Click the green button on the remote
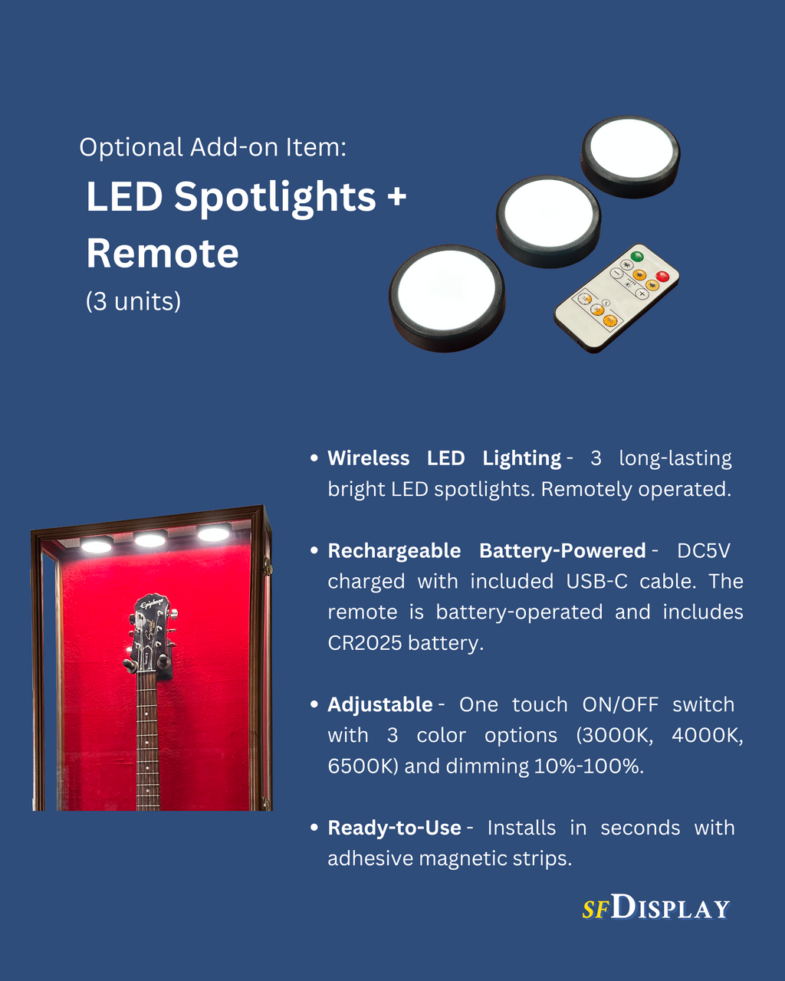tap(637, 256)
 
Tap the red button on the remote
tap(662, 276)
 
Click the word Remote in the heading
tap(163, 253)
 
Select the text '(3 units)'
tap(133, 301)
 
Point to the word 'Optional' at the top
tap(131, 147)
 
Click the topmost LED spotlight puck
tap(630, 156)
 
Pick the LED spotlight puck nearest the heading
tap(447, 298)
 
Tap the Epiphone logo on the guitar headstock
tap(150, 604)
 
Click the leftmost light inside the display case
tap(97, 545)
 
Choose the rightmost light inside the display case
tap(213, 533)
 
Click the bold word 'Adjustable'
tap(380, 704)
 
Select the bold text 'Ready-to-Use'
tap(394, 828)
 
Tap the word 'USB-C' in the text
tap(596, 581)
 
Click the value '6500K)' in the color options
tap(363, 766)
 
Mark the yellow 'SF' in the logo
tap(596, 910)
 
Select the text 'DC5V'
tap(703, 550)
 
